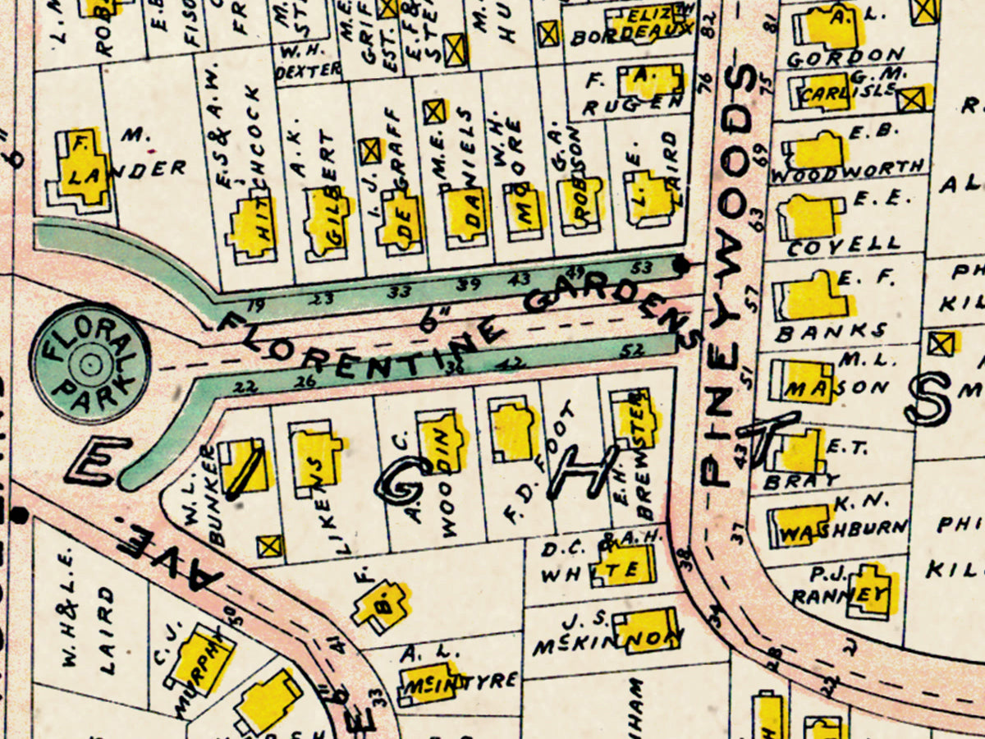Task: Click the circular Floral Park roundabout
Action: coord(90,362)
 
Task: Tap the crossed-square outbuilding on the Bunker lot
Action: coord(268,546)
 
